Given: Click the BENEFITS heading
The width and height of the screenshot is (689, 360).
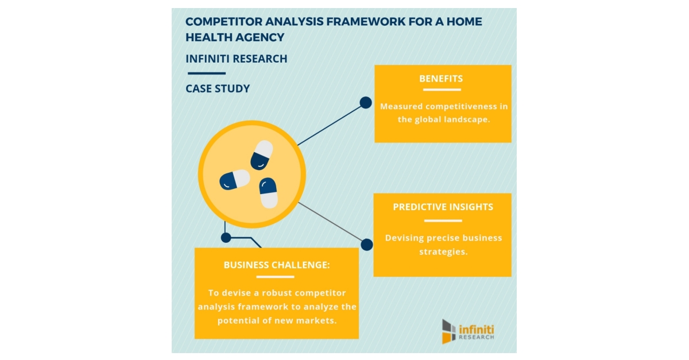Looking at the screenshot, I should pyautogui.click(x=441, y=79).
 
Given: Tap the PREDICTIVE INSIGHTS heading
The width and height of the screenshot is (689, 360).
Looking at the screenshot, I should pyautogui.click(x=443, y=207).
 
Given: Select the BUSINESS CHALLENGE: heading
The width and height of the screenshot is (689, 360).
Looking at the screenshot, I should pyautogui.click(x=277, y=265).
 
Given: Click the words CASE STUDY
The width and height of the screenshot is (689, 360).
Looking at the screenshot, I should pyautogui.click(x=218, y=89).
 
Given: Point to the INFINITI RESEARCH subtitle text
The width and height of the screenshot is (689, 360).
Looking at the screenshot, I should pyautogui.click(x=237, y=59).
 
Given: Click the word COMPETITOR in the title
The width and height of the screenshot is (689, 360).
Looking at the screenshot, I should pyautogui.click(x=224, y=22).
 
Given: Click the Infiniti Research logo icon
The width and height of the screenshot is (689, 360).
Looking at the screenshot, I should pyautogui.click(x=448, y=331).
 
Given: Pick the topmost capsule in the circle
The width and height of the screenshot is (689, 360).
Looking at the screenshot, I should pyautogui.click(x=261, y=154).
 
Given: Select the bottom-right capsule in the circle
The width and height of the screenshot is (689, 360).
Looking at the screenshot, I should pyautogui.click(x=268, y=192).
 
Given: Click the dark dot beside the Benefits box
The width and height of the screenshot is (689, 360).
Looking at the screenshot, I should pyautogui.click(x=366, y=103).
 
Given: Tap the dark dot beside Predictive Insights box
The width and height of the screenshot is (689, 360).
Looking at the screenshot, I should pyautogui.click(x=367, y=245).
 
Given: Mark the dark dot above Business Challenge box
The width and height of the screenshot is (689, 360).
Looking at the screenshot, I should pyautogui.click(x=226, y=237).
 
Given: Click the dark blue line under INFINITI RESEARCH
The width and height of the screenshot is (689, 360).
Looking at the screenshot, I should pyautogui.click(x=206, y=73).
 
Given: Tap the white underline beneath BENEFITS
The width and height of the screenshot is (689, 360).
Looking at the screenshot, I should pyautogui.click(x=441, y=90).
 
